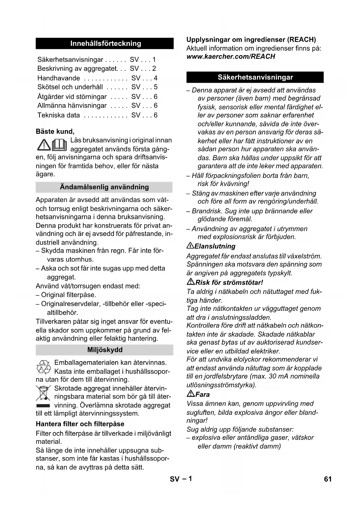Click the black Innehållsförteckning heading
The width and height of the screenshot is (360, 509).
coord(105,44)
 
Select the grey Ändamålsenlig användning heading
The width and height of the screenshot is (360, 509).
coord(104,187)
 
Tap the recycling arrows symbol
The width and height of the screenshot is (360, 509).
coord(44,367)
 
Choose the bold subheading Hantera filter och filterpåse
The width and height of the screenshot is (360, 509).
coord(80,424)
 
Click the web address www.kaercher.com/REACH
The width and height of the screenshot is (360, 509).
coord(231,57)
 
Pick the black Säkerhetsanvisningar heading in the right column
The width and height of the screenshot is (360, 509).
coord(255,77)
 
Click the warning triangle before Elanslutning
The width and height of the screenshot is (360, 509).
coord(190,246)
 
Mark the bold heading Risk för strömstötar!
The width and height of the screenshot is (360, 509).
coord(229,283)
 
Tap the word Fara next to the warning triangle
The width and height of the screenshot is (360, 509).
coord(202,395)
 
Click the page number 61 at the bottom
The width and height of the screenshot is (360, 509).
coord(328,479)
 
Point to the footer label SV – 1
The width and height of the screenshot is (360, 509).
coord(181,479)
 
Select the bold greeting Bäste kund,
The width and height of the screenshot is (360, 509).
coord(55,131)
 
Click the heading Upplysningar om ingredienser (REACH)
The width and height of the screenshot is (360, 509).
coord(251,40)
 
